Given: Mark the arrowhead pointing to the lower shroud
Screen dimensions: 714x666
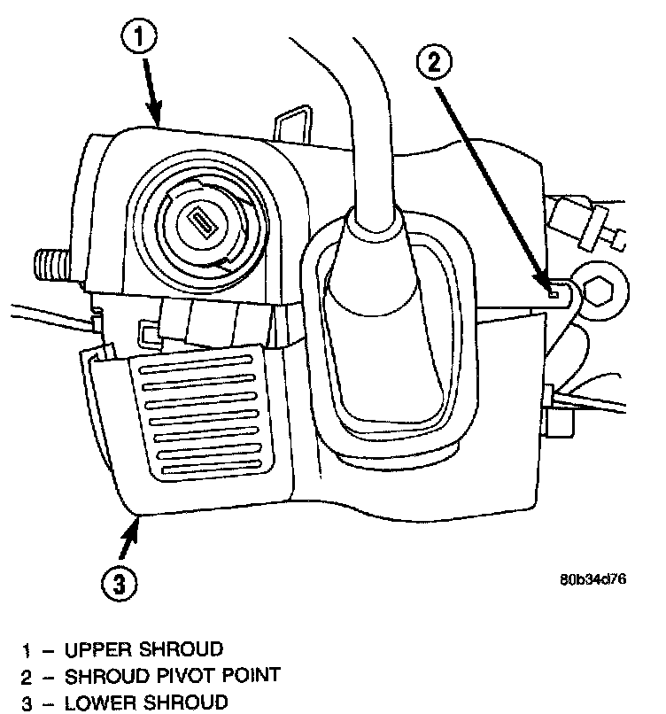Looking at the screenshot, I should pos(136,523).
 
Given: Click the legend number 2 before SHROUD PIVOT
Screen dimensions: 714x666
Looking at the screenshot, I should pos(27,676).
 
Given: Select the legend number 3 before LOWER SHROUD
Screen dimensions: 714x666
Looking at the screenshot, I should pos(27,702).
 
